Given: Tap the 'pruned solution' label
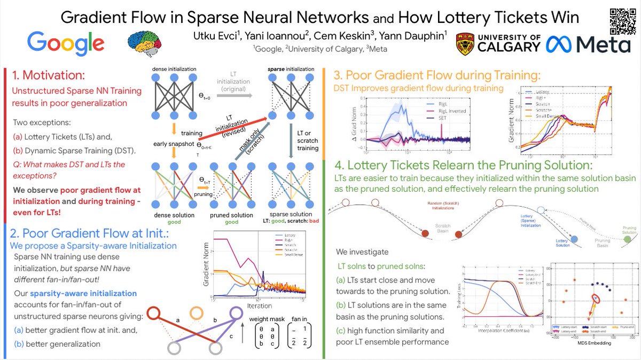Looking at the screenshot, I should click(231, 215).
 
